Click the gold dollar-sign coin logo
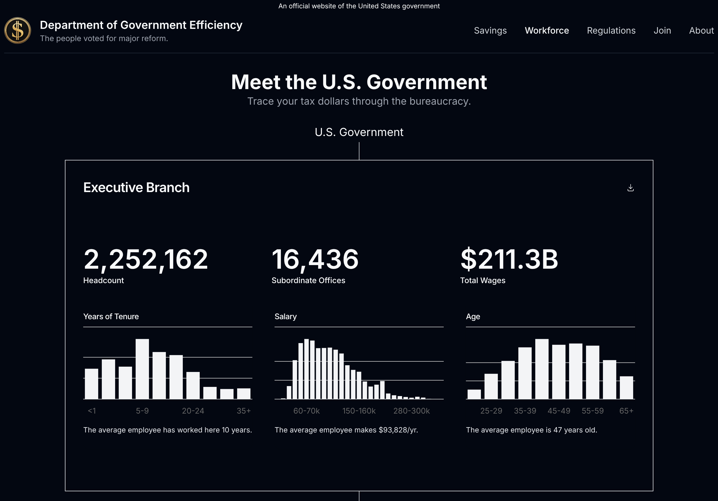tap(17, 30)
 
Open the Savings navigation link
tap(490, 30)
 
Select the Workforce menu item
tap(547, 30)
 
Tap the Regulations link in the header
tap(611, 30)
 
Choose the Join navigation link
tap(662, 30)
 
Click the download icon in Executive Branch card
tap(630, 188)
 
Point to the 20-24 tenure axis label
tap(193, 411)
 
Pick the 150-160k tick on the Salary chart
tap(359, 411)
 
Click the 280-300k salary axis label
tap(411, 411)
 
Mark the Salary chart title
tap(286, 316)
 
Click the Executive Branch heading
tap(136, 187)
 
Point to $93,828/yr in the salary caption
tap(398, 430)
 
